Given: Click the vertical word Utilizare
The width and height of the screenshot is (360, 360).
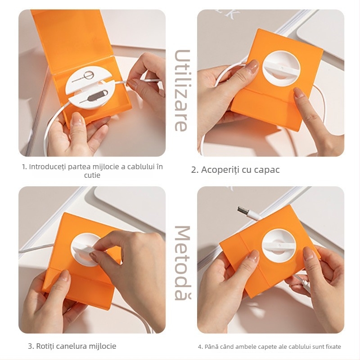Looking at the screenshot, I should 180,90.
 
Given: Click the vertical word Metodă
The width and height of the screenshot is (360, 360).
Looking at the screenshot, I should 180,263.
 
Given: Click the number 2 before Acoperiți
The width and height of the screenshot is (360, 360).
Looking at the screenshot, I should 194,170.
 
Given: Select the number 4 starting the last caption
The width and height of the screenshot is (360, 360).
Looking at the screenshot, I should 200,346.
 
